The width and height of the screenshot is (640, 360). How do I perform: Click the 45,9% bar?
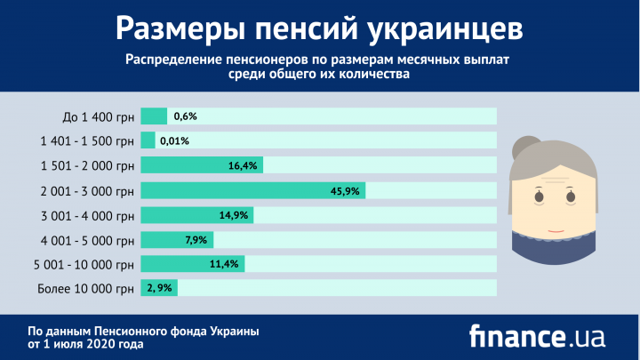[x=252, y=190]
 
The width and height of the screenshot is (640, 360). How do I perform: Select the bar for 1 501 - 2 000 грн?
[x=202, y=165]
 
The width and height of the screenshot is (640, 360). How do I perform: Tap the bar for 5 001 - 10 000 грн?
[x=192, y=263]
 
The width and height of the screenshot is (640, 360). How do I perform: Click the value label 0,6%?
[x=185, y=116]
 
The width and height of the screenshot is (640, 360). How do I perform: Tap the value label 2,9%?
[x=162, y=288]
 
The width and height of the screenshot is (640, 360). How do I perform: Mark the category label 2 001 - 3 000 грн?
[x=87, y=190]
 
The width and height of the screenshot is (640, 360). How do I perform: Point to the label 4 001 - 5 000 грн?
[x=87, y=239]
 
